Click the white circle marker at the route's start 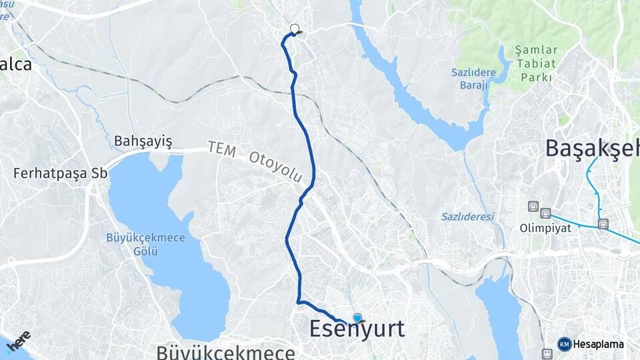pos(294,29)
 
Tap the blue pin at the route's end pos(357,319)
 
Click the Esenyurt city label pos(357,330)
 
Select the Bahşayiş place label pos(143,141)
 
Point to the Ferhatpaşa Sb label pos(60,173)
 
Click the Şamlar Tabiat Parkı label pos(533,63)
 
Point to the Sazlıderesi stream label pos(467,217)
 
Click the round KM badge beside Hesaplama pos(565,344)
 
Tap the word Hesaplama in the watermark pos(598,345)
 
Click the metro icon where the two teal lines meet pos(603,224)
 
